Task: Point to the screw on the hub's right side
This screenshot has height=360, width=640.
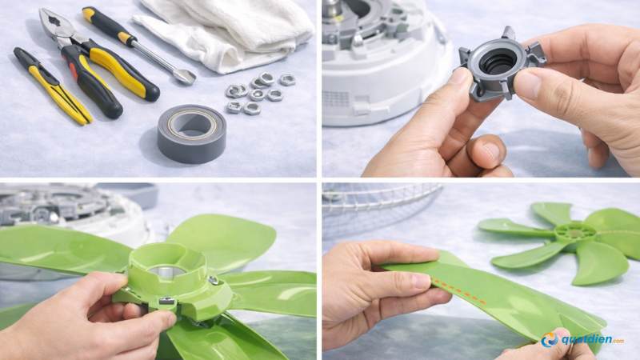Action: (214, 280)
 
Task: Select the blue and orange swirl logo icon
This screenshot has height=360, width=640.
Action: (550, 340)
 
